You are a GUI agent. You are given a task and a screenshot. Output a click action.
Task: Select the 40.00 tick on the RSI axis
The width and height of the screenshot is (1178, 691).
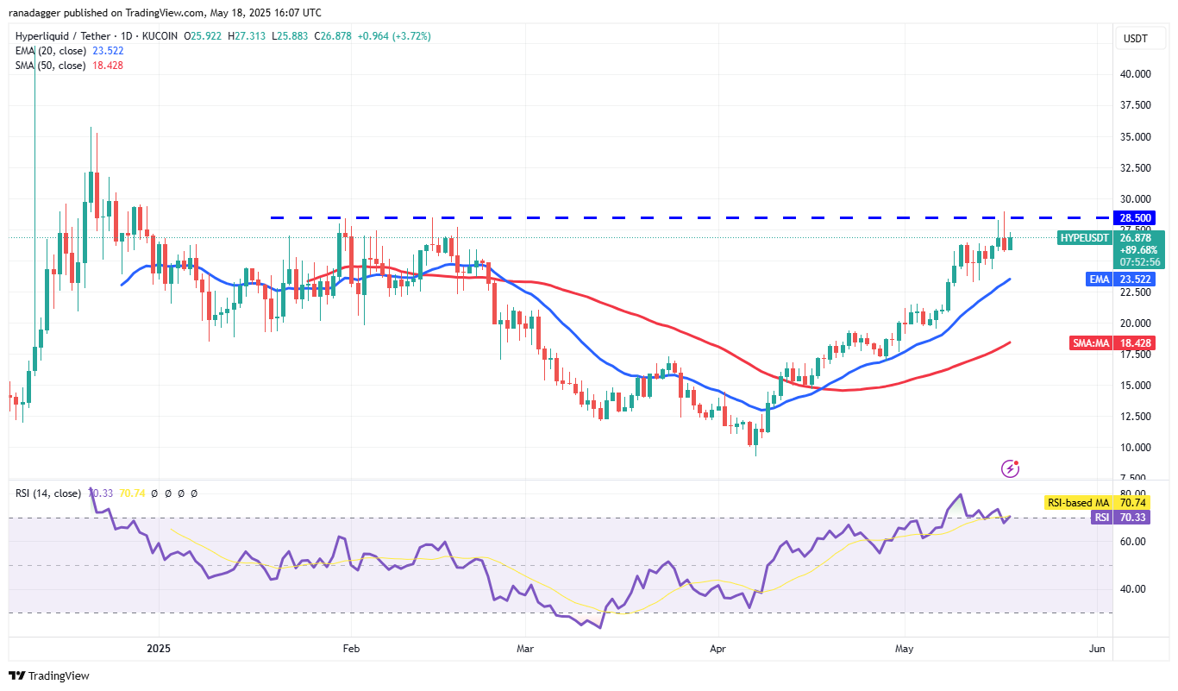pos(1132,589)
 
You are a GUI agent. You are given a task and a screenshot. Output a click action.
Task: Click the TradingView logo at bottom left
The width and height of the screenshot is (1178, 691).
pos(49,675)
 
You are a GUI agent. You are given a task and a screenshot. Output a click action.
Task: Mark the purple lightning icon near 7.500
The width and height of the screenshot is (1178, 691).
pos(1011,468)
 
